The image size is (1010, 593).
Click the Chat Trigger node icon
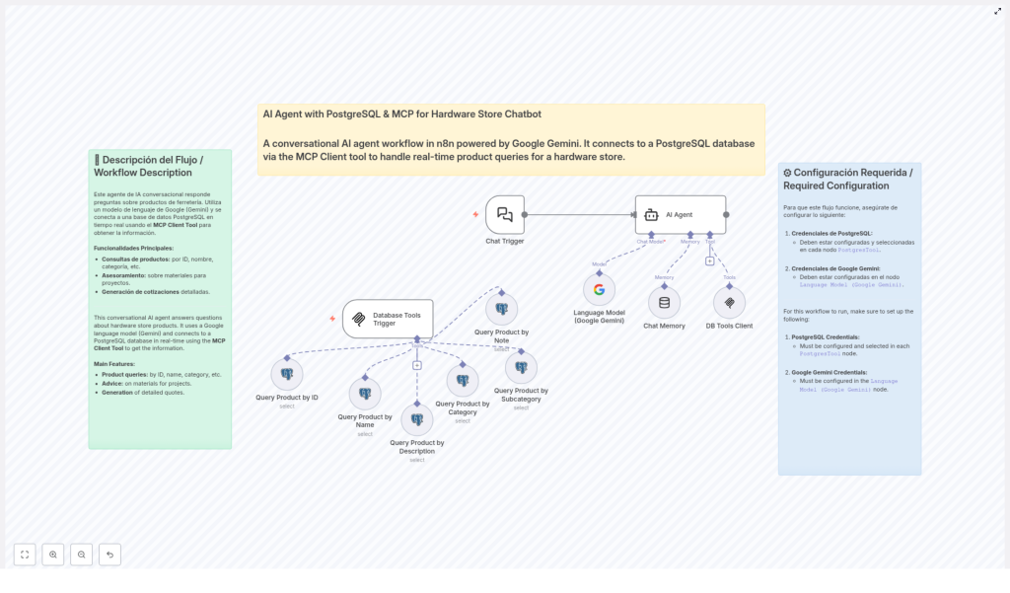[505, 214]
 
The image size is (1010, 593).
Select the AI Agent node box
[680, 214]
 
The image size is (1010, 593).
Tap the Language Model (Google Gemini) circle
[599, 289]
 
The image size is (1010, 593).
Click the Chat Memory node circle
[664, 303]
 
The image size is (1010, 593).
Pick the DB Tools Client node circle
[729, 303]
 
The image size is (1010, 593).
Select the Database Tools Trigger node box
[388, 319]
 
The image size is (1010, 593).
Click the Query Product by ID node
[287, 374]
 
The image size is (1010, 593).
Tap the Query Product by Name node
[365, 394]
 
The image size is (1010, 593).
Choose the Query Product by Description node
[416, 419]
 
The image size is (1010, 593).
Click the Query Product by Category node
[463, 381]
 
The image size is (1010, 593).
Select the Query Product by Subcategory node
[521, 367]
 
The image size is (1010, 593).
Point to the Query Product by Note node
[501, 309]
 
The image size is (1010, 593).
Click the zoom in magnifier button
[53, 555]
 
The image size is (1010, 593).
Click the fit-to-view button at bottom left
[25, 555]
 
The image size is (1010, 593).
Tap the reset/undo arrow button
[109, 555]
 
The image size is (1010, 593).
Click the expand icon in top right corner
[997, 11]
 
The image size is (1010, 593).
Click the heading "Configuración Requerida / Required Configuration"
[848, 179]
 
